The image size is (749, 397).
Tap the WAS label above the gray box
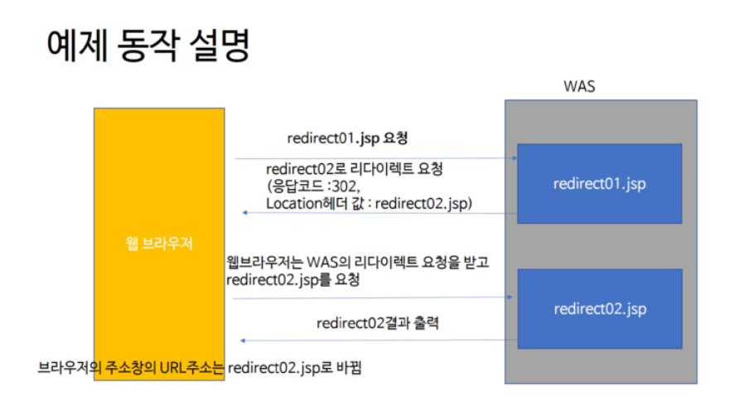578,85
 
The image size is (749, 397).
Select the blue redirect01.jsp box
599,183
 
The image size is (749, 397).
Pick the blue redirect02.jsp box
599,309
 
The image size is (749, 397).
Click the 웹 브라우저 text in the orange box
159,244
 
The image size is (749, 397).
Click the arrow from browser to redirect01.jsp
373,157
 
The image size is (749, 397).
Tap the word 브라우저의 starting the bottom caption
65,366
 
